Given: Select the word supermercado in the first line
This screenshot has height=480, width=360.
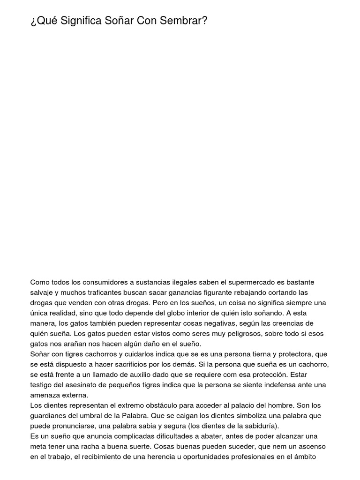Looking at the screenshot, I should coord(248,282).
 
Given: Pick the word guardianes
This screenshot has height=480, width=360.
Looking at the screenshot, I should coord(51,416).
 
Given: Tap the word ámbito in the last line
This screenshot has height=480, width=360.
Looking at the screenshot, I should coord(307,457).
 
